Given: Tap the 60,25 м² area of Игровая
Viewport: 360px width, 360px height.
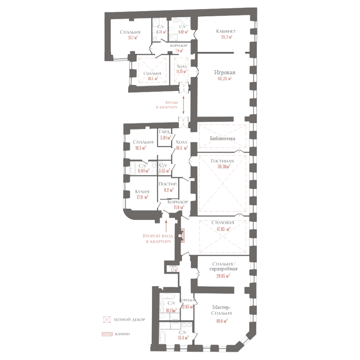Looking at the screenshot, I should coord(224,78).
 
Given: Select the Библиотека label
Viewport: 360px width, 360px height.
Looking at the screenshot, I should coord(223,139).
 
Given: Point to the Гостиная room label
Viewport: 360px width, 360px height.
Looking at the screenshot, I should coord(222,161).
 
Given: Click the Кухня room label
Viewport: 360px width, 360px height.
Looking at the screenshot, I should coord(142,192).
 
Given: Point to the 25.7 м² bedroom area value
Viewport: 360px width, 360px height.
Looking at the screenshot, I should coord(132,38).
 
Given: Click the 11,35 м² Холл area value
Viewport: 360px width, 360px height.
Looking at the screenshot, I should coord(181,71).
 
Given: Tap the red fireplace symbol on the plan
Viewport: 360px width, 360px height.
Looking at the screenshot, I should coord(183,235).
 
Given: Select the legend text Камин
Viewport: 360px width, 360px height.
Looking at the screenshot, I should coord(122,334).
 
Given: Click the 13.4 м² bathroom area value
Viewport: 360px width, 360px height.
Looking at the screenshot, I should coord(183,337).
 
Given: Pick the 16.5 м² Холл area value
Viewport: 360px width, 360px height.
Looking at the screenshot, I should coord(182,147).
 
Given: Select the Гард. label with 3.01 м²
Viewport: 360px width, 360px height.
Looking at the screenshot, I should coord(164,132).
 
